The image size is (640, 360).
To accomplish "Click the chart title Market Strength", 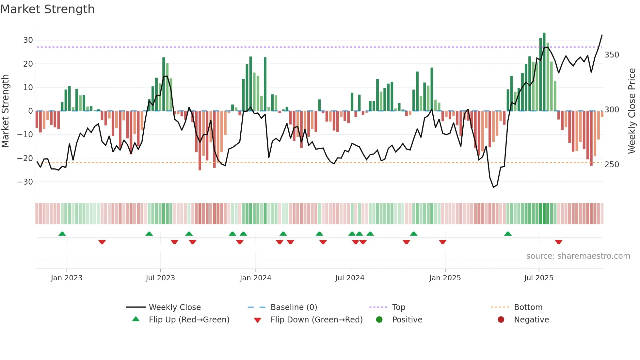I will pos(47,9).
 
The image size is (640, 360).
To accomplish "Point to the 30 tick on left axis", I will pos(28,40).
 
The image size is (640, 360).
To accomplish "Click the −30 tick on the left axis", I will pos(25,182).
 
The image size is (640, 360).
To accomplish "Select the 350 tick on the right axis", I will pos(612,55).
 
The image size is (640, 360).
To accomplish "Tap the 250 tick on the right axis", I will pos(612,164).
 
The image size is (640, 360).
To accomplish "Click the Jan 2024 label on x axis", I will pos(255,278).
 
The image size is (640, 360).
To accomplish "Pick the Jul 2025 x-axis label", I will pos(538,278).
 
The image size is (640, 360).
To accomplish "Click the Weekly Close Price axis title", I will pos(632,111).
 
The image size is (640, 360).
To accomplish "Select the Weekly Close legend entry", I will pos(174,307).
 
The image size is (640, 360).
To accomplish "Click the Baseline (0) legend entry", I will pos(294,307).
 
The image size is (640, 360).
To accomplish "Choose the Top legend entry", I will pos(398,307).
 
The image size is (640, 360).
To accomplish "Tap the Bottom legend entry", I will pos(528,307).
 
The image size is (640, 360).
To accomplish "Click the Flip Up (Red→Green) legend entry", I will pos(189,320).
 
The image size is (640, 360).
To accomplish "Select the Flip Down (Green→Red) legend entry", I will pos(316,320).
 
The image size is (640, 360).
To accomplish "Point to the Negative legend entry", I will pos(531,320).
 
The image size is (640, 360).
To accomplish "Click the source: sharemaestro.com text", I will pos(578,256).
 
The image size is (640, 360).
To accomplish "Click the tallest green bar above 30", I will pos(544,72).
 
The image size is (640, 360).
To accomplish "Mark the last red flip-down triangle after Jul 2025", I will pos(558,242).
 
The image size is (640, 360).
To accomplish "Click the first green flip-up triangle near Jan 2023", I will pos(62,234).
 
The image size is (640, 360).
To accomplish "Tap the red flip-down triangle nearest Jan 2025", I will pos(442,242).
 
